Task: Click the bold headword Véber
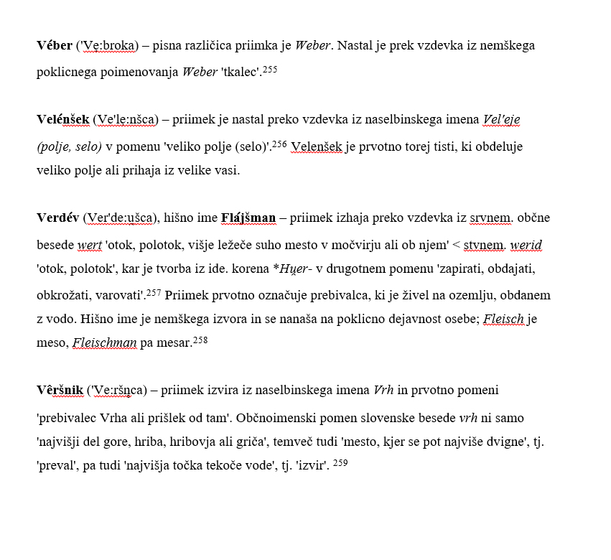(x=55, y=46)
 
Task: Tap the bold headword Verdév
(x=57, y=218)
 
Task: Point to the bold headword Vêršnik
(x=60, y=391)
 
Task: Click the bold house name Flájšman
(x=248, y=218)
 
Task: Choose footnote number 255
(x=269, y=70)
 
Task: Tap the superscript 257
(x=154, y=293)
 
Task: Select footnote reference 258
(x=200, y=340)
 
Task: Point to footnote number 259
(x=340, y=463)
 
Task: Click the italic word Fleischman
(x=105, y=342)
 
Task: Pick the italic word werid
(x=526, y=246)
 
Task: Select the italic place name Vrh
(x=383, y=391)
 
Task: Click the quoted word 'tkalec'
(x=240, y=73)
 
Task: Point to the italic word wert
(x=90, y=246)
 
